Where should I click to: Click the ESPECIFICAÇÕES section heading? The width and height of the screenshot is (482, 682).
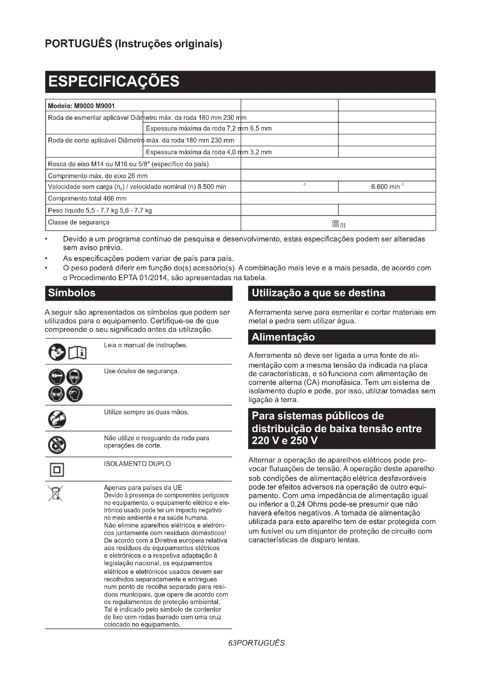pyautogui.click(x=114, y=81)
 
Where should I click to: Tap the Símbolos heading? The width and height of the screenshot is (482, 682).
pyautogui.click(x=72, y=293)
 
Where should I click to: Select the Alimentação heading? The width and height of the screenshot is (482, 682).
pyautogui.click(x=283, y=337)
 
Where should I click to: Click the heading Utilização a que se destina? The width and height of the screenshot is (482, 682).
pyautogui.click(x=319, y=293)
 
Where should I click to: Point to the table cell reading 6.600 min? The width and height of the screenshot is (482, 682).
pyautogui.click(x=387, y=187)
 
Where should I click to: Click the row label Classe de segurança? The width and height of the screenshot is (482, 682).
pyautogui.click(x=79, y=222)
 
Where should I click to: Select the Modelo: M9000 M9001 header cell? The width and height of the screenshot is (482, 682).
pyautogui.click(x=81, y=106)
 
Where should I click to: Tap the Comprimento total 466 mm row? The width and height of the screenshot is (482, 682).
pyautogui.click(x=87, y=199)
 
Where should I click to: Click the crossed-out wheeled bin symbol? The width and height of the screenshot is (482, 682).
pyautogui.click(x=56, y=493)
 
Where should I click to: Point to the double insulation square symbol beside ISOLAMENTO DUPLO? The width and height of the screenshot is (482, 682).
pyautogui.click(x=57, y=470)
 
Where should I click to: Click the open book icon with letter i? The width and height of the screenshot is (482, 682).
pyautogui.click(x=77, y=353)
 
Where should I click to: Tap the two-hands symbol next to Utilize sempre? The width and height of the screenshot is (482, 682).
pyautogui.click(x=57, y=419)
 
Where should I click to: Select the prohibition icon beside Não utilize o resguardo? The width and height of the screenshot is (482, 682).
pyautogui.click(x=57, y=445)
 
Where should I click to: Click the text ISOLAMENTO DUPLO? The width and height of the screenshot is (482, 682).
pyautogui.click(x=137, y=464)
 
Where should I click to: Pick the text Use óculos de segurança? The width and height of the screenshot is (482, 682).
pyautogui.click(x=141, y=371)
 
